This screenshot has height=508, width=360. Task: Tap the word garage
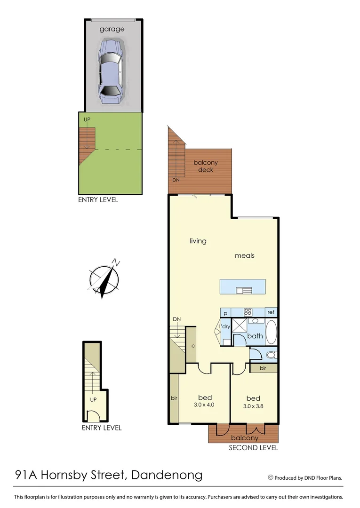tap(112, 29)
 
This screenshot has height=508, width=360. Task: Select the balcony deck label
tap(206, 166)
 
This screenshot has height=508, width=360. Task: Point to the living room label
tap(198, 241)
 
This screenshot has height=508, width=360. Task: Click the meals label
tap(245, 255)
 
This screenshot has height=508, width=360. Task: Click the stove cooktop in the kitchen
tap(248, 312)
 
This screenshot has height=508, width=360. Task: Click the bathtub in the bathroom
tap(271, 332)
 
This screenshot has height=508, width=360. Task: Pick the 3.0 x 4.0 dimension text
tap(204, 405)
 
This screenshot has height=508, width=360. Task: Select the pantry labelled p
tap(226, 312)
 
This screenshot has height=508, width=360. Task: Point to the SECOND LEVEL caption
tap(253, 448)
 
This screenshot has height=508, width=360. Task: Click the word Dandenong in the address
tap(168, 475)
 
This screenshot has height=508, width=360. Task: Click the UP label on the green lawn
tap(87, 120)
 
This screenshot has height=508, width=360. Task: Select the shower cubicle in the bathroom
tap(240, 326)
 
